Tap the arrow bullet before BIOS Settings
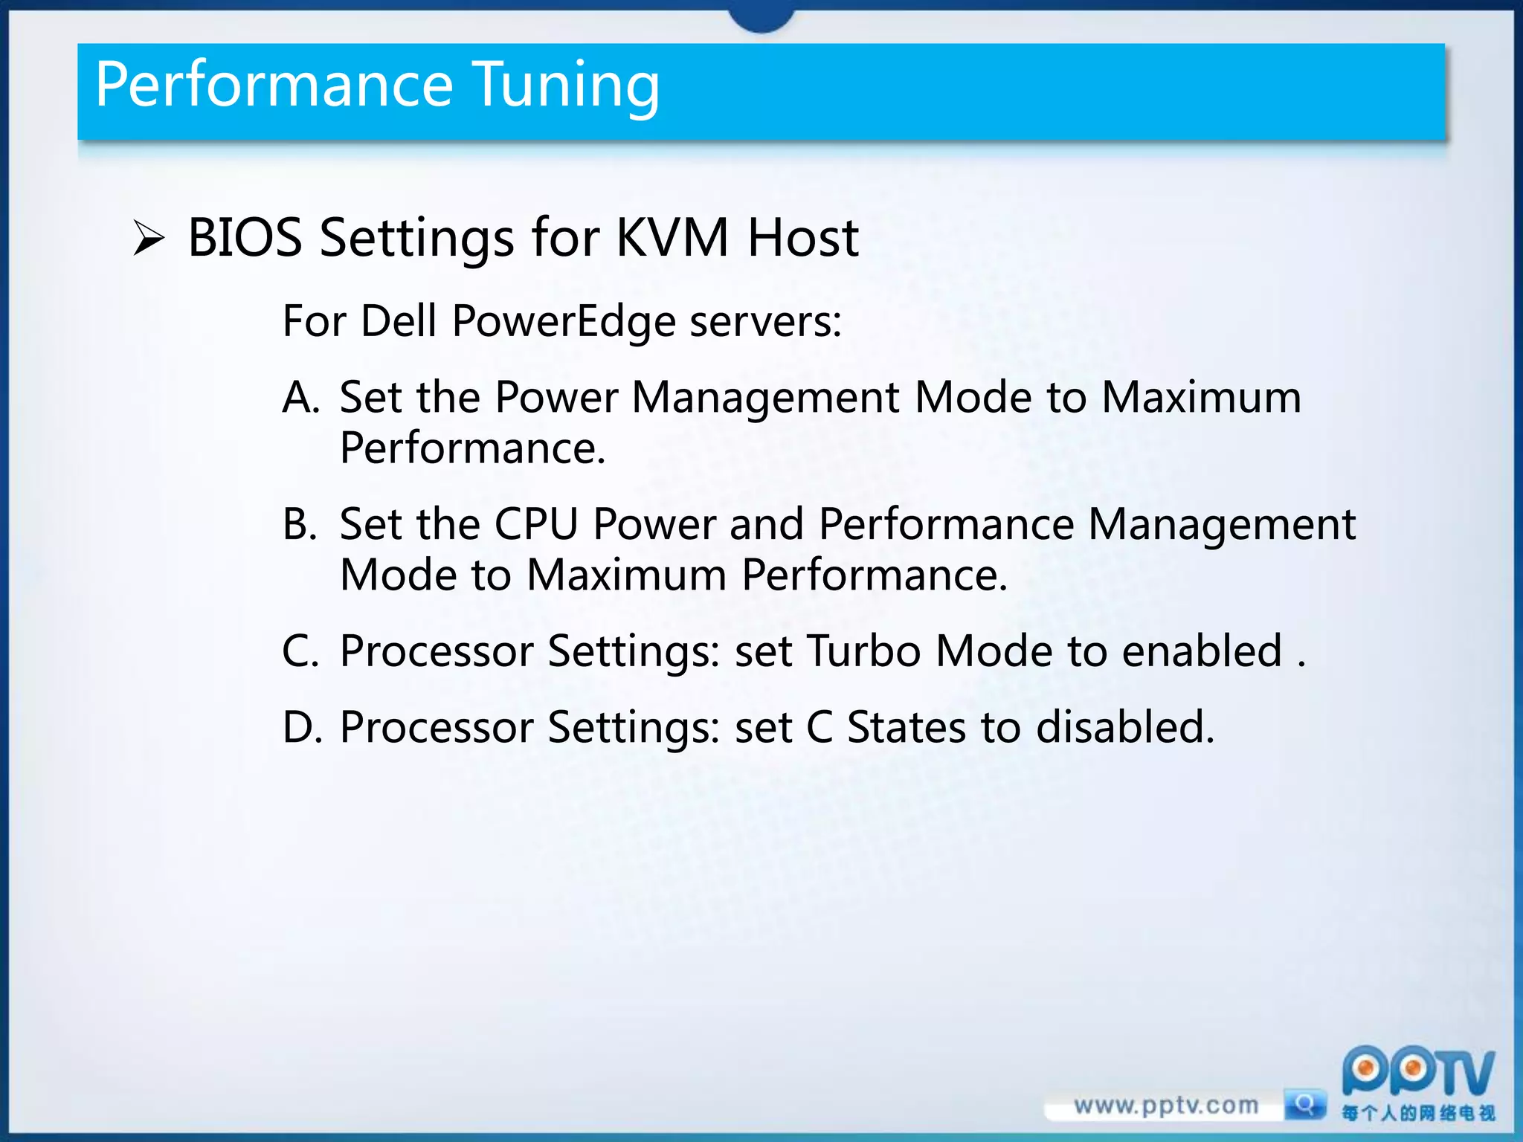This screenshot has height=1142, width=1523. (x=149, y=239)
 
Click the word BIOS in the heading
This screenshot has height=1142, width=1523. (x=245, y=238)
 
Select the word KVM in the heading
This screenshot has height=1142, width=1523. (x=672, y=238)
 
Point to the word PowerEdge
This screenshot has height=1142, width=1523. (x=564, y=321)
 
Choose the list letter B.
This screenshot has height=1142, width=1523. (x=300, y=524)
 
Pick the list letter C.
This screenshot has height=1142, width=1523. (x=300, y=651)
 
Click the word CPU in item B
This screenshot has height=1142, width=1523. (x=536, y=524)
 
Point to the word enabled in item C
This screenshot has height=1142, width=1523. (x=1202, y=651)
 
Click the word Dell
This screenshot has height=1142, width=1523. (x=398, y=321)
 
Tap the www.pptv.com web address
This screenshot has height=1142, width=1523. (x=1165, y=1106)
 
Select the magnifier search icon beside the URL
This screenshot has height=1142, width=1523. (x=1304, y=1104)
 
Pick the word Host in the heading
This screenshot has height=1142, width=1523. (x=803, y=238)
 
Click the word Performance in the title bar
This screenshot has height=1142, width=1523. (x=274, y=85)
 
